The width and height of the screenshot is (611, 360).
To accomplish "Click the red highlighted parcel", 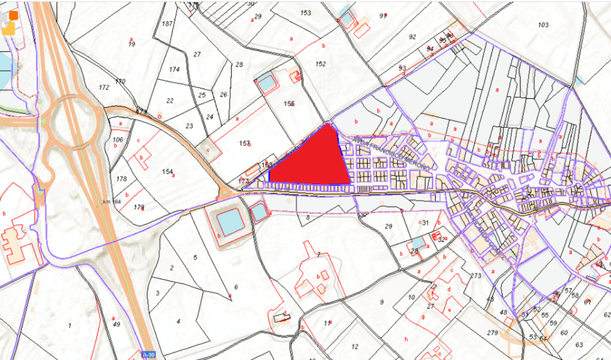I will pos(311,160).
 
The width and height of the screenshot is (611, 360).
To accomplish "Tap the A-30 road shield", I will pos(147,354).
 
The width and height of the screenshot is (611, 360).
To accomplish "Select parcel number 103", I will pos(543,25).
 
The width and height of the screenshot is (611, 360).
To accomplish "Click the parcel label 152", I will pos(320,64).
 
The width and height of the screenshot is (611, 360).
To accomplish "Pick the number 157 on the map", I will pos(244,144).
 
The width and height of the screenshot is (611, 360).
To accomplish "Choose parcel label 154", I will pos(168,172).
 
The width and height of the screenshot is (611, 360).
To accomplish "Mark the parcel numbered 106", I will pos(118,140).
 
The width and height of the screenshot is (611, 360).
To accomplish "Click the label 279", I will pos(492,333).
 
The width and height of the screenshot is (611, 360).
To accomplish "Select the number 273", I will pos(476,276).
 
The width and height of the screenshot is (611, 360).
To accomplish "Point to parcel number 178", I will pos(121,179).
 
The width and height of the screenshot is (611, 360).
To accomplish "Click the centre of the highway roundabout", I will pos(71,122).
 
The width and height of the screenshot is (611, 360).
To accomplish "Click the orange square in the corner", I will pos(13,15).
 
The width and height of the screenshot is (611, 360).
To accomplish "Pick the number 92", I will pos(412,37).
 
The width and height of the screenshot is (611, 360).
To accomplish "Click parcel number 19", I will pos(132,44).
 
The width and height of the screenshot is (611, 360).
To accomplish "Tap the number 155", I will pos(289,104).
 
